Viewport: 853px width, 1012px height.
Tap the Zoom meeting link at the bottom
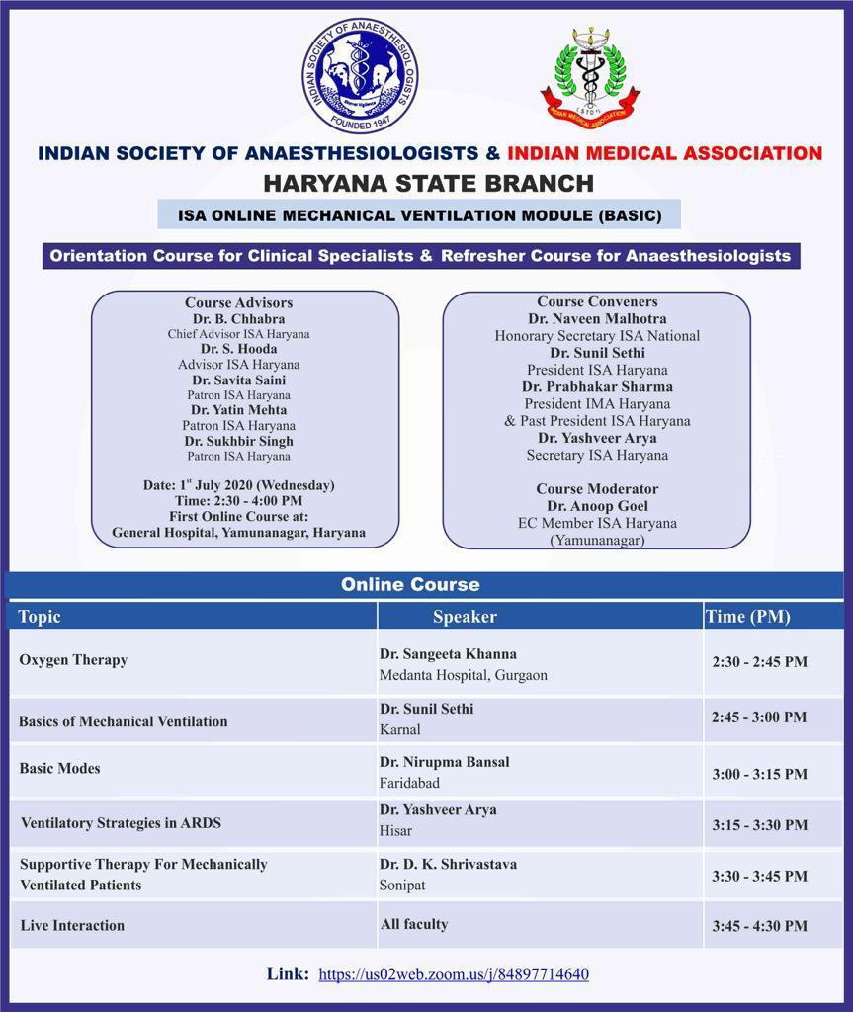point(453,974)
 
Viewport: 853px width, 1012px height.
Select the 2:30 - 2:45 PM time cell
point(759,662)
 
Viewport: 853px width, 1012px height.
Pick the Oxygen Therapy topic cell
point(73,659)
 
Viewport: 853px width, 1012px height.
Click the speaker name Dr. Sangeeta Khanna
point(448,653)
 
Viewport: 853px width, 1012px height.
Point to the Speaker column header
point(465,617)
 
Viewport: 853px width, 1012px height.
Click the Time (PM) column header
point(748,617)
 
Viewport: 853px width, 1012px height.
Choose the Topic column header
point(40,617)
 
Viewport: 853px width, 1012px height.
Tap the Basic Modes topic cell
point(59,768)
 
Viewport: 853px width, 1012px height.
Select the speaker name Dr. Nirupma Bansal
point(445,762)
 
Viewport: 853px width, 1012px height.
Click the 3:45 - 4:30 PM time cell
point(759,926)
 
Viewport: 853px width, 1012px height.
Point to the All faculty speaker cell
point(414,924)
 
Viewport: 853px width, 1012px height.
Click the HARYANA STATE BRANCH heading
point(428,183)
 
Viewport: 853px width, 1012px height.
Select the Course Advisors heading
point(238,303)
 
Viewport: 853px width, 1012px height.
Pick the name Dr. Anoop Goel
point(596,506)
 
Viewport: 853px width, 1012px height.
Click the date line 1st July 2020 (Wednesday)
point(238,485)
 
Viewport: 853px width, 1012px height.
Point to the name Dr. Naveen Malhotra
point(597,319)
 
